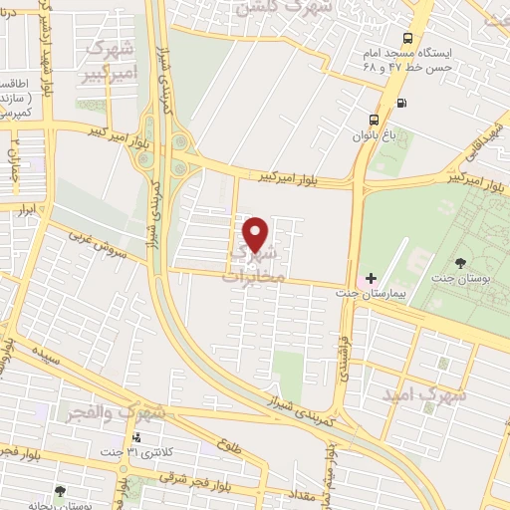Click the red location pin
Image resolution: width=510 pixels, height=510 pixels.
[257, 234]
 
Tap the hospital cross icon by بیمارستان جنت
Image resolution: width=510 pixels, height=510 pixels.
[371, 277]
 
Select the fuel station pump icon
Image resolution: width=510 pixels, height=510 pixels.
[401, 102]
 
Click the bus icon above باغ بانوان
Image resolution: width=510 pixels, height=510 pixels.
[374, 114]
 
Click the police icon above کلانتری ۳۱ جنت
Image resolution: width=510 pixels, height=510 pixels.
[136, 437]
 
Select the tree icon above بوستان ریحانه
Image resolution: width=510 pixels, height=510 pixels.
[61, 490]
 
